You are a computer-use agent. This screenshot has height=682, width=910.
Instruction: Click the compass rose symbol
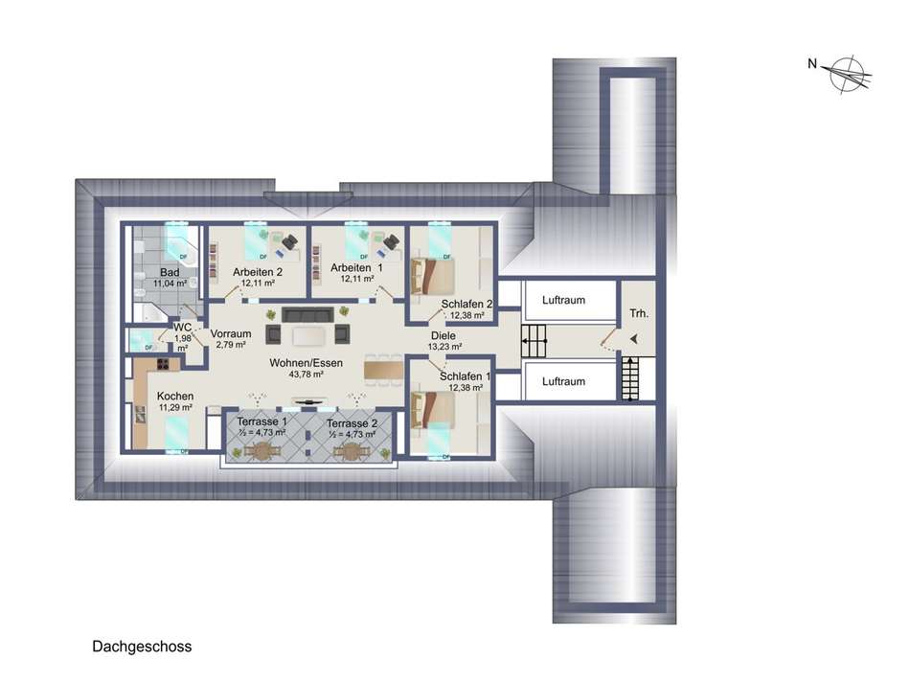coord(846,74)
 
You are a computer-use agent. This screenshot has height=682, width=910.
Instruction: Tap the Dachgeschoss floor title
coord(142,647)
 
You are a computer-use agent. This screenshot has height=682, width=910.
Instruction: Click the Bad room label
coord(170,273)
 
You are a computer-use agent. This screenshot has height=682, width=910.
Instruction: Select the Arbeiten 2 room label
coord(257,272)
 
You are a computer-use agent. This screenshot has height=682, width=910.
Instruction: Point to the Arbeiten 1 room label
coord(355,267)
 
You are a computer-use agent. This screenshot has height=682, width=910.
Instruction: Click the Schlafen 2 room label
coord(466,305)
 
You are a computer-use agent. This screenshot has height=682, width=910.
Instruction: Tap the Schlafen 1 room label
coord(466,376)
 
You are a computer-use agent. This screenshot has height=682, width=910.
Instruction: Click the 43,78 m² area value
coord(307,373)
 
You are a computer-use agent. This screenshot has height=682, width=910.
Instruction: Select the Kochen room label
coord(175,396)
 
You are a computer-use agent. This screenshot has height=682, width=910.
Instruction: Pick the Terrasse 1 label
coord(261,422)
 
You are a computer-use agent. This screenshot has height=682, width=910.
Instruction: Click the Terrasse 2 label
coord(352,422)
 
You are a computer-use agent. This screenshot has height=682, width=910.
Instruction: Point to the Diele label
coord(443,336)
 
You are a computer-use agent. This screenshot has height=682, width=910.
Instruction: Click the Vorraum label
coord(230,333)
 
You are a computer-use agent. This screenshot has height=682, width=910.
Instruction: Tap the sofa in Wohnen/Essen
coord(307,315)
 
